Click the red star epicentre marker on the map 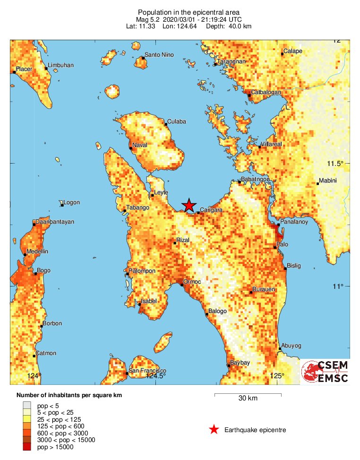tap(189, 205)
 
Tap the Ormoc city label tap(192, 282)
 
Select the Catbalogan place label tap(266, 92)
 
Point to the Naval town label tap(140, 145)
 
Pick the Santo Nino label tap(159, 55)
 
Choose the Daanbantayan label tap(54, 222)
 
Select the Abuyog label tap(291, 346)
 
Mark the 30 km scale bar tap(248, 394)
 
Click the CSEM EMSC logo tap(325, 372)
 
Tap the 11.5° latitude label tap(334, 164)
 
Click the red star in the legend tap(214, 430)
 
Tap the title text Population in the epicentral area tap(181, 12)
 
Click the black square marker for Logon tap(62, 205)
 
